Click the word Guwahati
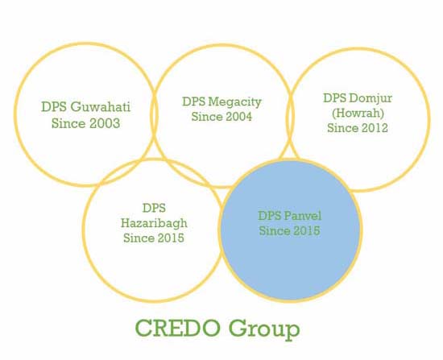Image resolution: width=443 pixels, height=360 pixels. pyautogui.click(x=101, y=107)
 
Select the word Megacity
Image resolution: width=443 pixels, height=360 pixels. pyautogui.click(x=235, y=102)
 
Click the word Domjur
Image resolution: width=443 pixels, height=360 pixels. pyautogui.click(x=371, y=98)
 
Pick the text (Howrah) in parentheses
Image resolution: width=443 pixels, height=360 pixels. pyautogui.click(x=358, y=113)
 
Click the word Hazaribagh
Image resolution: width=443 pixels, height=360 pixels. pyautogui.click(x=154, y=223)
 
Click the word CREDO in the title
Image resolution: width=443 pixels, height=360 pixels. pyautogui.click(x=178, y=328)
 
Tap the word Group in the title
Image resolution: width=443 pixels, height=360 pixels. pyautogui.click(x=264, y=329)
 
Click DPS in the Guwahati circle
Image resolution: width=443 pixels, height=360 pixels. pyautogui.click(x=54, y=107)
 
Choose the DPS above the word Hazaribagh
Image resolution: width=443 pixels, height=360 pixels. pyautogui.click(x=154, y=208)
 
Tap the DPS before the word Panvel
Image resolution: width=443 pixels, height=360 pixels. pyautogui.click(x=270, y=216)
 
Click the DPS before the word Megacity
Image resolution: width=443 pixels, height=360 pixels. pyautogui.click(x=194, y=101)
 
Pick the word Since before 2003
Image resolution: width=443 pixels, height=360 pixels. pyautogui.click(x=68, y=123)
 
